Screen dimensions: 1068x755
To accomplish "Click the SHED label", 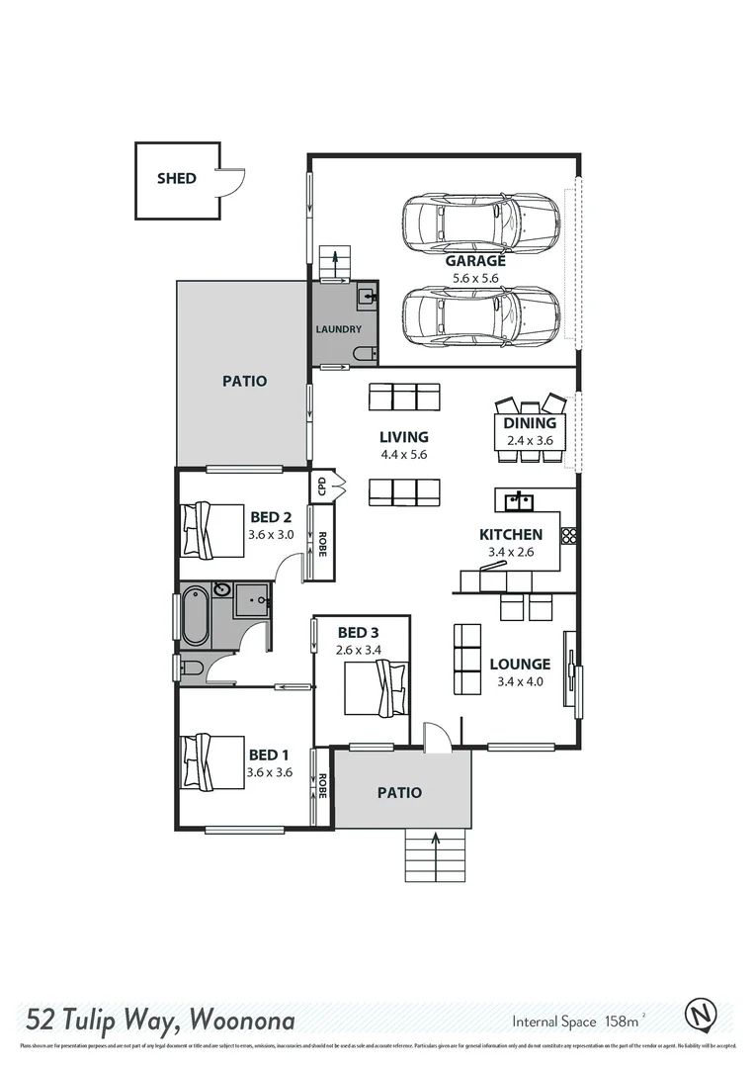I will click(x=176, y=179).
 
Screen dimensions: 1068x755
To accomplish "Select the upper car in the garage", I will click(x=481, y=223).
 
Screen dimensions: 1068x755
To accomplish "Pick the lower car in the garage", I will click(x=481, y=315).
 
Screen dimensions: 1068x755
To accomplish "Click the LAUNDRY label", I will click(x=338, y=329).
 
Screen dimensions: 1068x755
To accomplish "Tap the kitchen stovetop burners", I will click(x=569, y=535).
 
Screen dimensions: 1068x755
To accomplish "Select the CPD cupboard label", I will click(x=321, y=486).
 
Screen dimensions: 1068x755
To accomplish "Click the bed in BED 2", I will click(x=211, y=530).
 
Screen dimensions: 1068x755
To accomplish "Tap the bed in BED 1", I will click(x=211, y=760).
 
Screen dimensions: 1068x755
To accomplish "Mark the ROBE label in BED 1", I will click(x=321, y=786).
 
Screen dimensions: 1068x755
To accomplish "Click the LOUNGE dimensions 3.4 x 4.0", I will click(x=520, y=680).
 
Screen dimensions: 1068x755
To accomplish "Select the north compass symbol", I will click(x=701, y=1015).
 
